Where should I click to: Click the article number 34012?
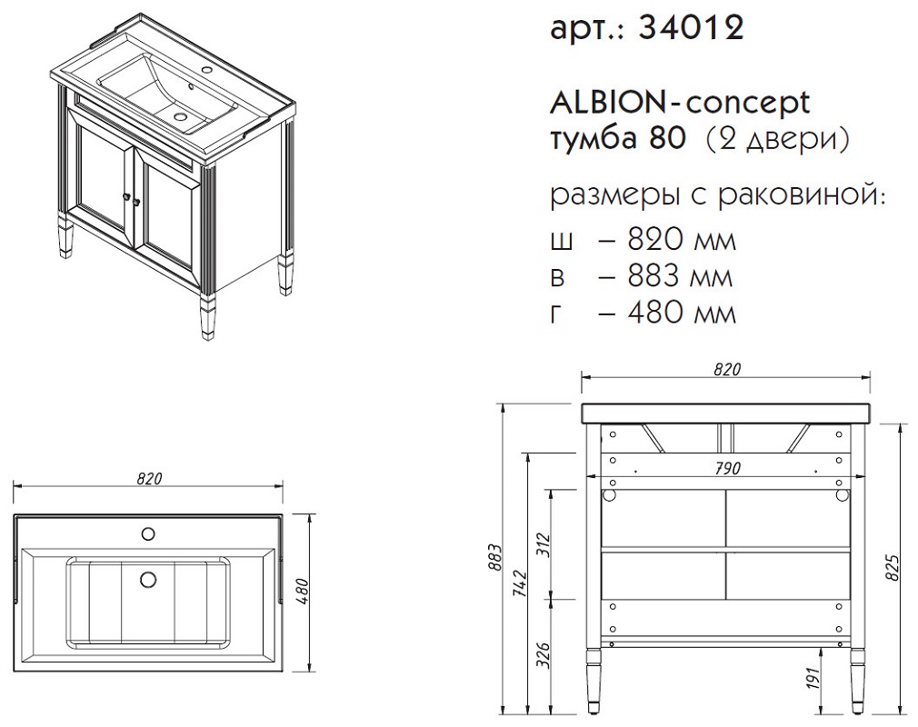coord(691,27)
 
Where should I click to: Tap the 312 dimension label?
coord(544,545)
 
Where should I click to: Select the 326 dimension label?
coord(544,655)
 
